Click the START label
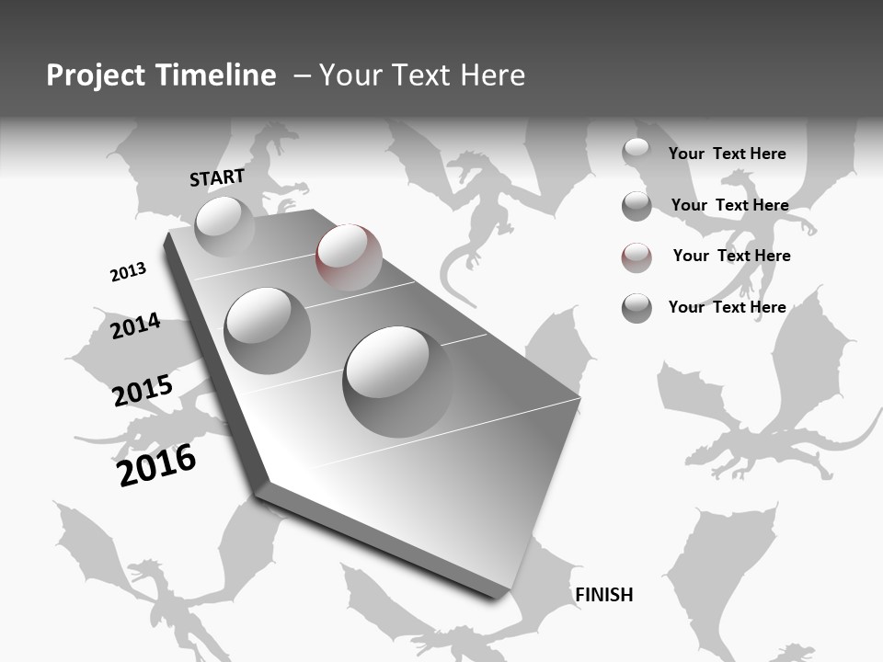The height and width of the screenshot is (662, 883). pos(217,177)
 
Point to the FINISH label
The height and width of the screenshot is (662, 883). pos(604,595)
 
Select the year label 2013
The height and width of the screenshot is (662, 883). pos(128,272)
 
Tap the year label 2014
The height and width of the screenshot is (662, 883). pos(135,326)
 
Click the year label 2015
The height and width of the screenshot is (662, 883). pos(143,391)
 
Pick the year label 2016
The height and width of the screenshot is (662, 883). pos(157,464)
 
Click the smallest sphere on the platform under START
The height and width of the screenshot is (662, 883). pos(224,225)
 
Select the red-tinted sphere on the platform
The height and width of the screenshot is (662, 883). pos(349,257)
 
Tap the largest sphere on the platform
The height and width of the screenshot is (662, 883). pos(398,381)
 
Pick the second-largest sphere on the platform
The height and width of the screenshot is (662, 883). pos(267,330)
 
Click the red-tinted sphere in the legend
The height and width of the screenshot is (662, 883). pos(636,257)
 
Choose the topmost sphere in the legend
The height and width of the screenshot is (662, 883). pos(636,151)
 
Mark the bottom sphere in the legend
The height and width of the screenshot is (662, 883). pos(636,308)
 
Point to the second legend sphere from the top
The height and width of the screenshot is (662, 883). pos(636,206)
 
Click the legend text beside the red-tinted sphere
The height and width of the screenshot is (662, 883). pos(731,256)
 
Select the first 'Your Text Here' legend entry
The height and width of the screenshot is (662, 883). pos(727,154)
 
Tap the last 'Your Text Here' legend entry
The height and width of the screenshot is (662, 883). pos(727,307)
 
